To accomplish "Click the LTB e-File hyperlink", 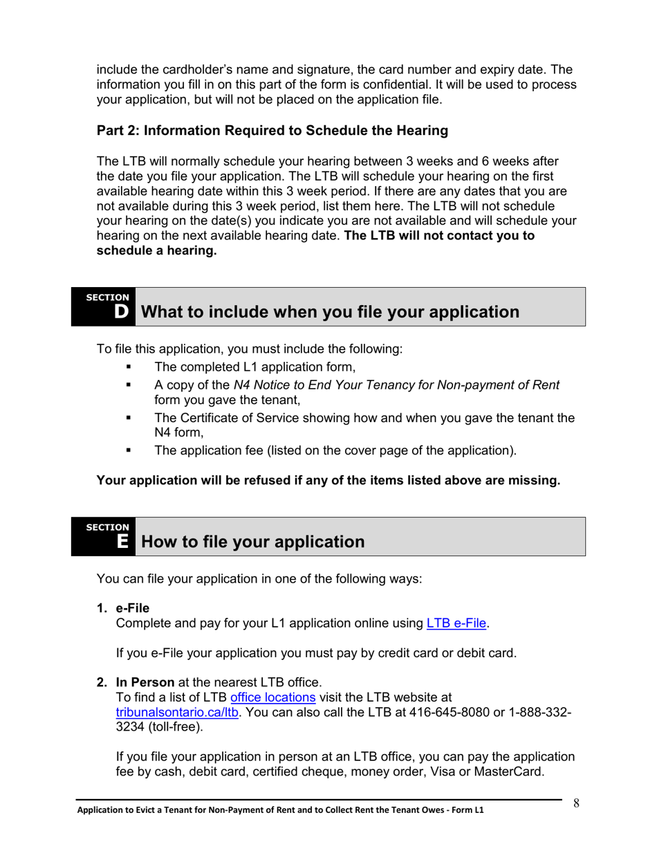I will pos(456,623).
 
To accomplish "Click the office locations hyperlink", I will pos(272,697).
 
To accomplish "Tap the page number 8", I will pos(575,803).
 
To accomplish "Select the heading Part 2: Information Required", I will pos(272,130).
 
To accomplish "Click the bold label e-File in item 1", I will pos(132,608).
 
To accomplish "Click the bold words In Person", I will pos(145,682).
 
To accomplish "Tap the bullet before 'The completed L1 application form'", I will pos(129,367).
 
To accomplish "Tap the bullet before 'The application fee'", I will pos(129,451).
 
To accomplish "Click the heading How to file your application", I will pos(252,542).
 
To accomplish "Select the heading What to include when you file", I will pos(330,312).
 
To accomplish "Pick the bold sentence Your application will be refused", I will pos(328,480).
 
